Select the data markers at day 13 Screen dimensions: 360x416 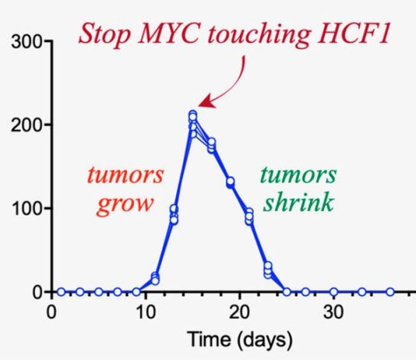[x=174, y=214]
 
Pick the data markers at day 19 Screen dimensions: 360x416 [x=230, y=182]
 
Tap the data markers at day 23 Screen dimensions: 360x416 [x=268, y=270]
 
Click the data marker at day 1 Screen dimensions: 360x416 [x=61, y=292]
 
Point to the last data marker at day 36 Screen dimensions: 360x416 [x=390, y=292]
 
